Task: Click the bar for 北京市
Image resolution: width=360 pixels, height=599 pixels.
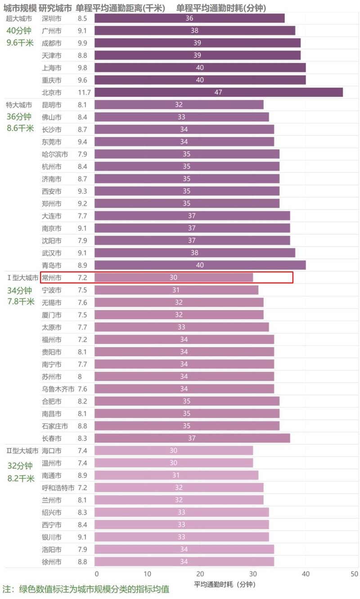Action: click(219, 92)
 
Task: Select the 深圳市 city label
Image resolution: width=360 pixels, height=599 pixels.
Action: click(51, 18)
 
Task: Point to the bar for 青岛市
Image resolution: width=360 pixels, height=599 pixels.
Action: click(200, 265)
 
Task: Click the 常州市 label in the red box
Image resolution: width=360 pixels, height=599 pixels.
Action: click(51, 277)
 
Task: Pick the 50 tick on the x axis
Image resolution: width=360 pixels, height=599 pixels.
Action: click(354, 574)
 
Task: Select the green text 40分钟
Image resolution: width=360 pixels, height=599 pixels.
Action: click(19, 31)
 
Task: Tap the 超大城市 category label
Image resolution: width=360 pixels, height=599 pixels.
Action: click(19, 18)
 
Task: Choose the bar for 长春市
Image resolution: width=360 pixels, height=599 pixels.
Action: click(192, 438)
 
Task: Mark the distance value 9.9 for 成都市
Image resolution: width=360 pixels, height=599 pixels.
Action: click(82, 43)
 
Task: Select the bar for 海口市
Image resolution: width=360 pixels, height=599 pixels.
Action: click(174, 450)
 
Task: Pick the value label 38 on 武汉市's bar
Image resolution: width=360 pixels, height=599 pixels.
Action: click(194, 253)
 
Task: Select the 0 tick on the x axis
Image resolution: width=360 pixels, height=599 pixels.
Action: click(96, 574)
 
